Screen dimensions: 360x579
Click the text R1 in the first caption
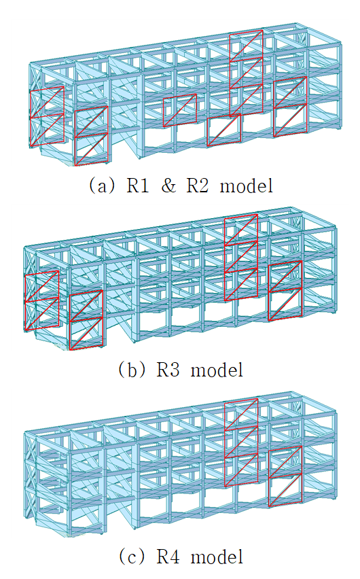point(138,186)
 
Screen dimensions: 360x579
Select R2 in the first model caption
point(197,186)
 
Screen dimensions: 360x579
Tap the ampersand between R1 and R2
point(168,186)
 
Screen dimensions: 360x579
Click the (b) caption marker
point(132,370)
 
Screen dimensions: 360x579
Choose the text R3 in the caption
point(168,370)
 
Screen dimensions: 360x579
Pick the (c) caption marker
point(132,557)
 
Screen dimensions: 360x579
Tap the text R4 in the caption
point(168,557)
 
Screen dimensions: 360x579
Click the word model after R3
point(217,370)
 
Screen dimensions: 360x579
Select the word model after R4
point(217,557)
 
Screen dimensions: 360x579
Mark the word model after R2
point(247,186)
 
